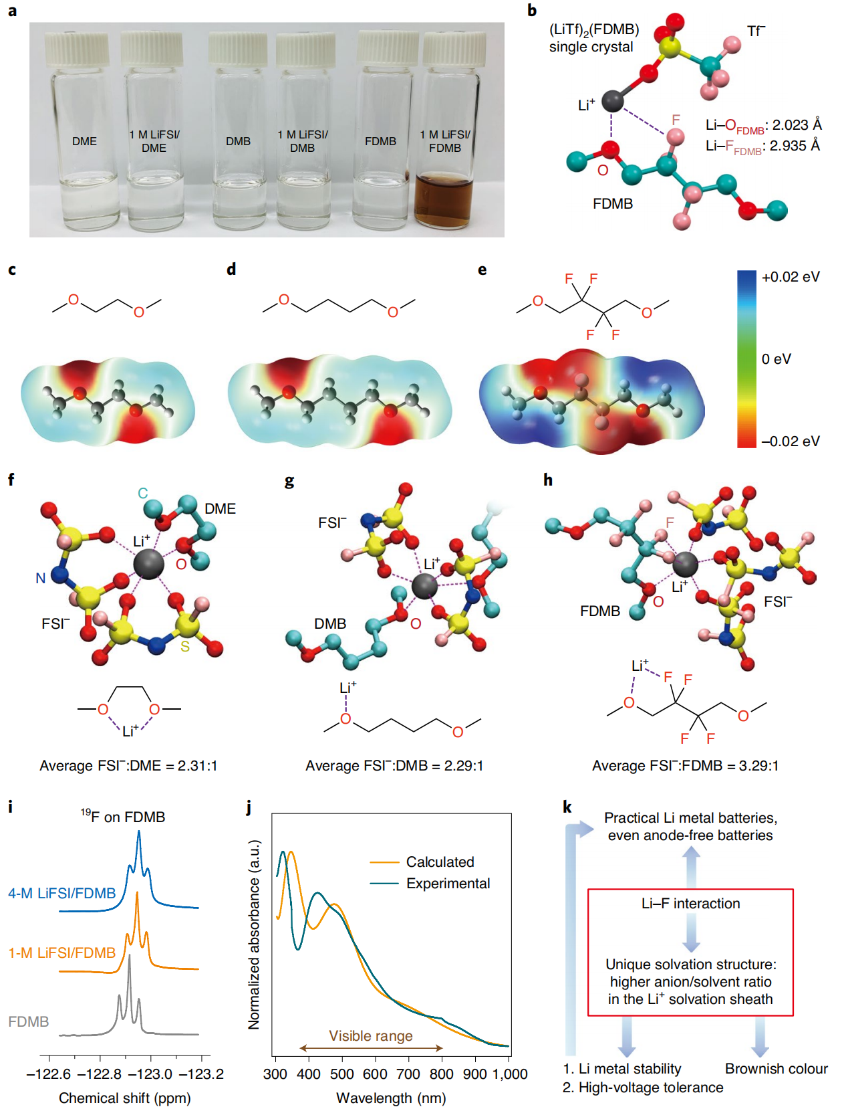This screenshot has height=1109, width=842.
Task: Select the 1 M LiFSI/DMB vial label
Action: click(x=303, y=141)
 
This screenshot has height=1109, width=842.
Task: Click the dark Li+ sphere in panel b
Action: click(x=612, y=101)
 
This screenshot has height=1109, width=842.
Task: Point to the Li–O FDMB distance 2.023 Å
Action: click(x=763, y=126)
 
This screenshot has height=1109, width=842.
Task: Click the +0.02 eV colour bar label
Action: click(x=791, y=277)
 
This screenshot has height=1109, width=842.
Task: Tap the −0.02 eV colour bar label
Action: click(x=791, y=441)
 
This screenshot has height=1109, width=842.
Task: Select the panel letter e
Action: click(x=482, y=270)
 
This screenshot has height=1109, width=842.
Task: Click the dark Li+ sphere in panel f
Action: click(x=148, y=564)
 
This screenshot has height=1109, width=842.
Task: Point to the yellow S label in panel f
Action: click(x=185, y=647)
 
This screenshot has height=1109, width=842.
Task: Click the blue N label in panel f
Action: click(x=41, y=578)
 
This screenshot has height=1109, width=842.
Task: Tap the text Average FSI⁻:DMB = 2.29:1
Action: click(x=394, y=766)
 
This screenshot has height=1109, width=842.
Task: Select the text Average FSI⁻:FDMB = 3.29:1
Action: click(x=685, y=766)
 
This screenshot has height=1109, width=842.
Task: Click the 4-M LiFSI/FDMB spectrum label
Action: click(x=62, y=894)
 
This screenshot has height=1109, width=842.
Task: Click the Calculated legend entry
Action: click(x=440, y=862)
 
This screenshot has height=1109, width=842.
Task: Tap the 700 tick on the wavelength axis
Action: click(x=408, y=1074)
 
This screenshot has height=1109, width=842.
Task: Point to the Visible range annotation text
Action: click(x=371, y=1036)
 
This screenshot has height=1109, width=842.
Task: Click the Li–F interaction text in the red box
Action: click(x=690, y=904)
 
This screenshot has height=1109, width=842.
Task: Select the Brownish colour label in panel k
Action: click(x=776, y=1069)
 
